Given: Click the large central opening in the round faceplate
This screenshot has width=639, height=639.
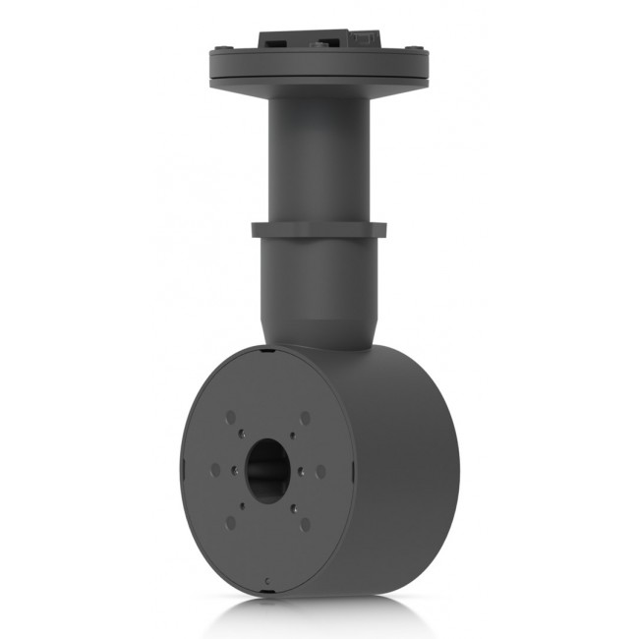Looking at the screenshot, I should [268, 470].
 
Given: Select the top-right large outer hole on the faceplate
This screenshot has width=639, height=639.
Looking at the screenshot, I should [305, 418].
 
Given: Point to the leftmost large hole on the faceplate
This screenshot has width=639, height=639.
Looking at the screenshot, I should [215, 470].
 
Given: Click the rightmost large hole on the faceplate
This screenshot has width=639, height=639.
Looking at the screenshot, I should [320, 472].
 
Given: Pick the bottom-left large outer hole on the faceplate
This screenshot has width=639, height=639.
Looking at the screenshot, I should [231, 523].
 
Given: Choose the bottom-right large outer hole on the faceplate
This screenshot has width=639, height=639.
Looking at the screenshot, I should [305, 524].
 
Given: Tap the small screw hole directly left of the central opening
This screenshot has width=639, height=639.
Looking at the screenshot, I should [235, 470].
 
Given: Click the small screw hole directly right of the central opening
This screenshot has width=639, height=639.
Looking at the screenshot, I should [302, 471].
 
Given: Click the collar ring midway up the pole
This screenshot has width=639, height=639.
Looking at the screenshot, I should [319, 230].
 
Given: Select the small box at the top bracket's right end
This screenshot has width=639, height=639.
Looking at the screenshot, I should [366, 39].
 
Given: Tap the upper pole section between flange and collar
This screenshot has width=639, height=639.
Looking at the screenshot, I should [319, 157].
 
